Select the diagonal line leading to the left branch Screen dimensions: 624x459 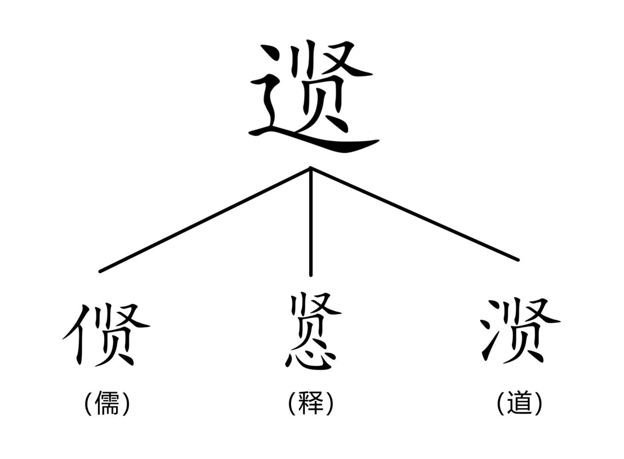(x=205, y=220)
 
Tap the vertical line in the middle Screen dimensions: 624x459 (x=311, y=222)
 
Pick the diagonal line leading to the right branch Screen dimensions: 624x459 (x=415, y=214)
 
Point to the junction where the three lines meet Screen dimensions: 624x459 (x=311, y=168)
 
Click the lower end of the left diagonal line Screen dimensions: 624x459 (x=100, y=271)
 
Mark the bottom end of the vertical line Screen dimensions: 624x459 (x=311, y=275)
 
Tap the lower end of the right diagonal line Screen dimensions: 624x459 (x=518, y=260)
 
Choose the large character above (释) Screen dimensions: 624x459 (x=311, y=331)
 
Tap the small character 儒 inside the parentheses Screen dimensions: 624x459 (x=107, y=403)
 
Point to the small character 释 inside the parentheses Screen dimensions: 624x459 (x=311, y=403)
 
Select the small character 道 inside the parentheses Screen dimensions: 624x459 (x=519, y=403)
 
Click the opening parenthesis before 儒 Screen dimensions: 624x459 (x=89, y=403)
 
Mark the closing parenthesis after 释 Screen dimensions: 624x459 (x=329, y=403)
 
